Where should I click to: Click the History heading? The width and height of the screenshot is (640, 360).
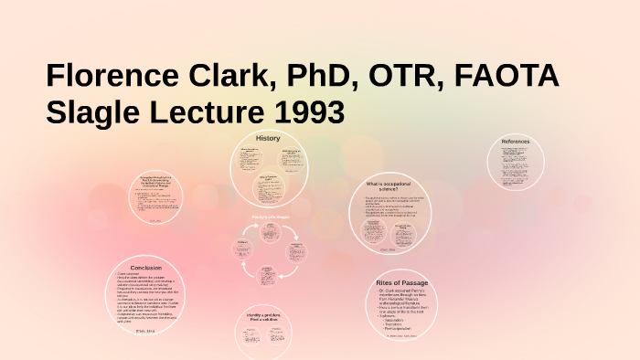(268, 138)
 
